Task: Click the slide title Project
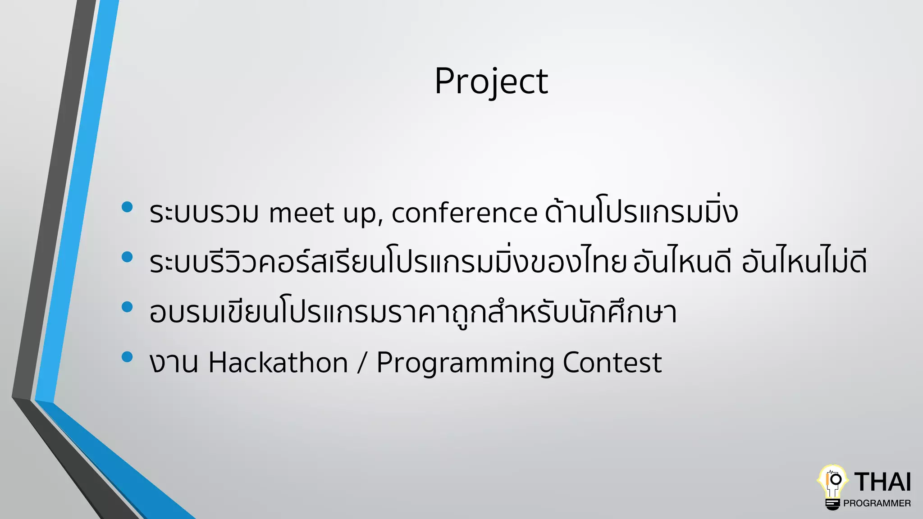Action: click(x=491, y=81)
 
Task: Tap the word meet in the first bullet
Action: click(x=302, y=213)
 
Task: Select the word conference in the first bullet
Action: click(x=464, y=213)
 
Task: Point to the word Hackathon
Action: click(x=278, y=363)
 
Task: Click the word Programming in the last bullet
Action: click(x=465, y=363)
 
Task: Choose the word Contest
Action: click(x=612, y=363)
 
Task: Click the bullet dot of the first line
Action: click(x=127, y=207)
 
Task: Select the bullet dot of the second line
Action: click(x=127, y=257)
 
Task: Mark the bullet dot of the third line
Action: click(x=127, y=307)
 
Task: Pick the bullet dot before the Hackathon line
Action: click(x=127, y=357)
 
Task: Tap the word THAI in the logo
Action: click(x=882, y=482)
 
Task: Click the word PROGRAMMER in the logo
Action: click(x=877, y=503)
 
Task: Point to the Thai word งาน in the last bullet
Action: click(x=174, y=363)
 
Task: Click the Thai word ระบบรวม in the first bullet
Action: click(x=204, y=213)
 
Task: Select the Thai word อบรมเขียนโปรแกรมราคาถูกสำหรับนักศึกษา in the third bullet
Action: click(x=413, y=313)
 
